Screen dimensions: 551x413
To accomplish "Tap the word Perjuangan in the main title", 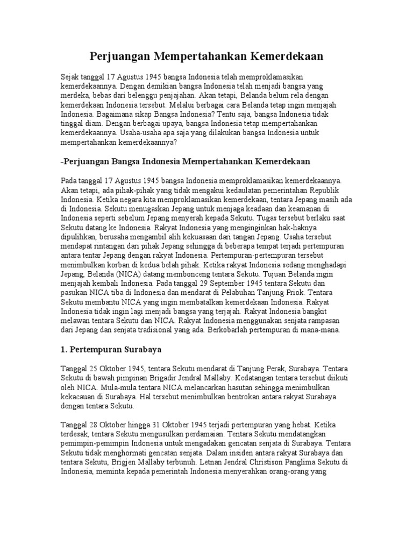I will (118, 56).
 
